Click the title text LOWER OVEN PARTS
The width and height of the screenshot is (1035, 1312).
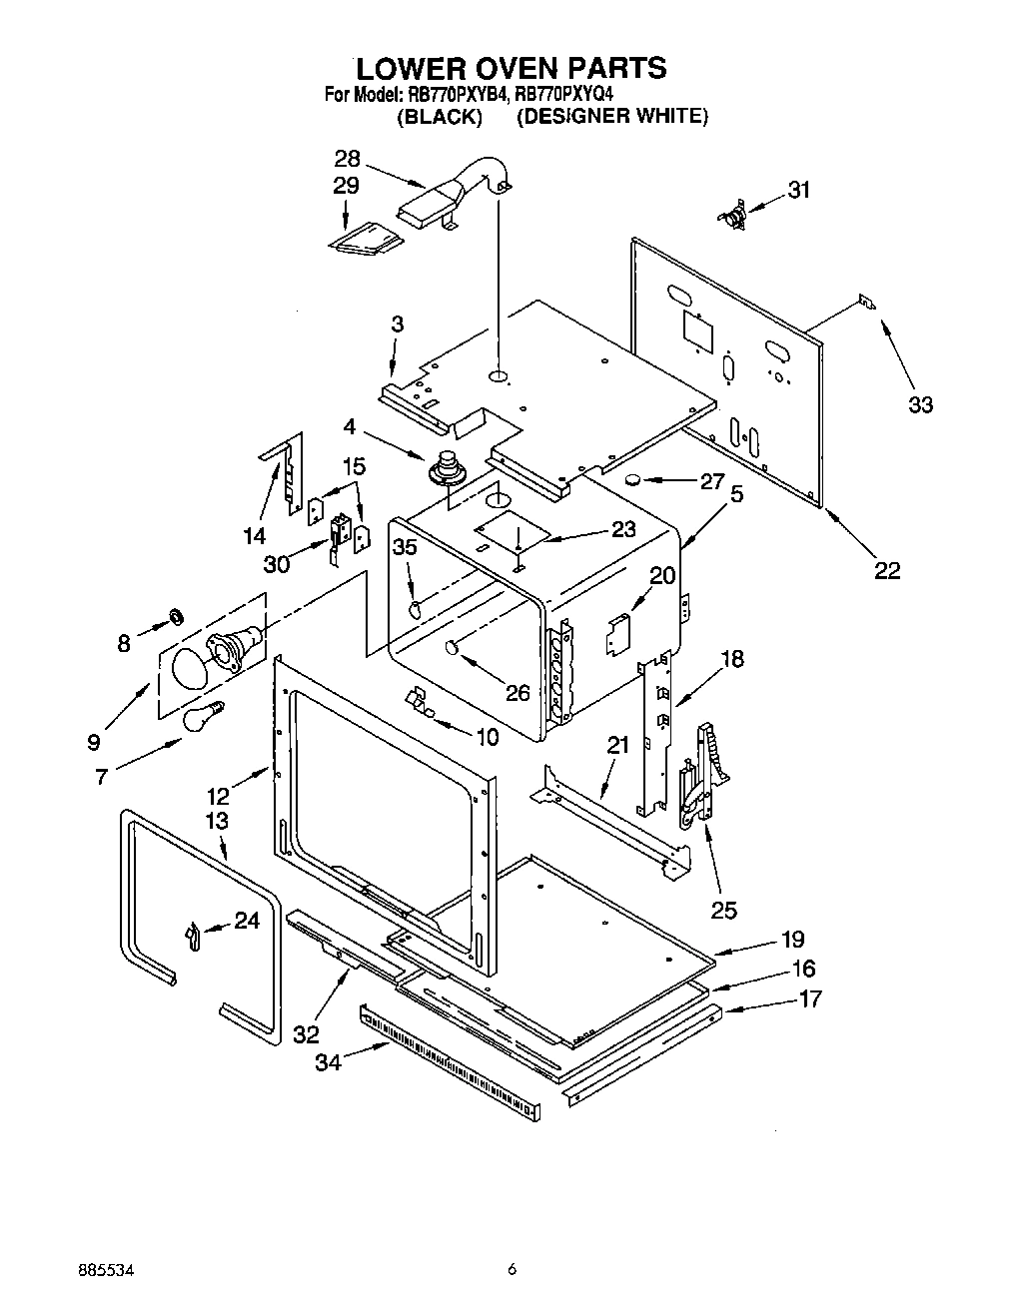click(x=511, y=68)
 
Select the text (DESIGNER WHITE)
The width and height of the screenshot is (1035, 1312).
click(x=611, y=117)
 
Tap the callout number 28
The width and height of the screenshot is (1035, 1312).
click(x=347, y=160)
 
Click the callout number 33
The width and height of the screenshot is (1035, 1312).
click(x=920, y=404)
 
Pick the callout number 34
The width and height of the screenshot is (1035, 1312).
click(x=328, y=1062)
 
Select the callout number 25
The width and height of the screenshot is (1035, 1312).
click(x=723, y=910)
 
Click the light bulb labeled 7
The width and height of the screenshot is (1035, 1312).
click(x=201, y=716)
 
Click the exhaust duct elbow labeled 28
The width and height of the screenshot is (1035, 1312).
click(x=460, y=195)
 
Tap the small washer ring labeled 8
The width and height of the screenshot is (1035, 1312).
click(x=175, y=613)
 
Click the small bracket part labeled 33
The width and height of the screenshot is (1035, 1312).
click(x=867, y=303)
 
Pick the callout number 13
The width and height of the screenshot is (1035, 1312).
click(x=217, y=820)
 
